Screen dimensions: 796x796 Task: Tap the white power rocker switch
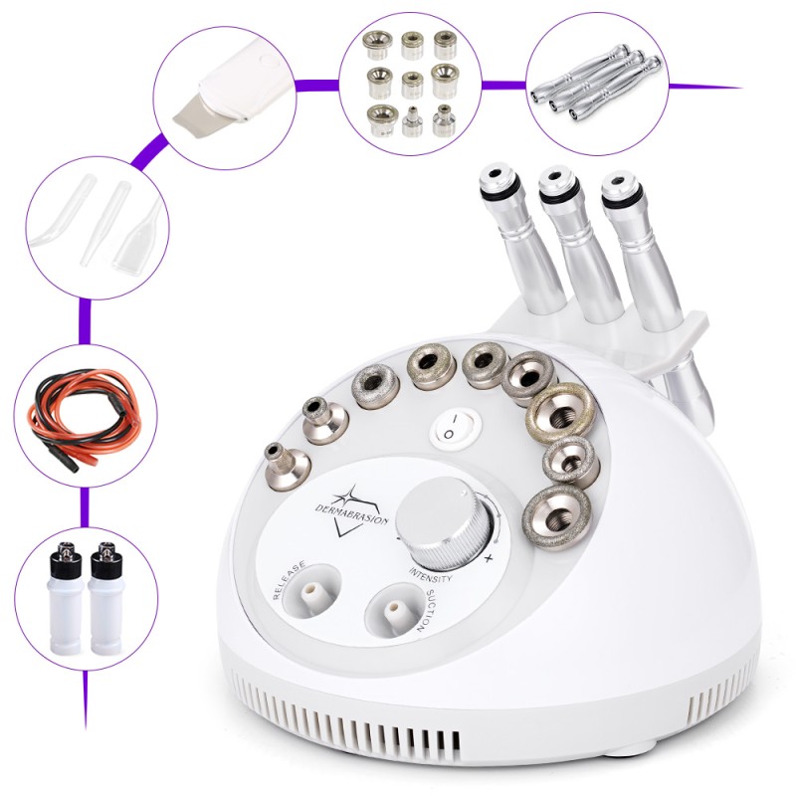click(x=453, y=429)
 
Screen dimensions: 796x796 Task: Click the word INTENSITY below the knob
click(x=431, y=575)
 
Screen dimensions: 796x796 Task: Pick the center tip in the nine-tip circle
click(x=411, y=78)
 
